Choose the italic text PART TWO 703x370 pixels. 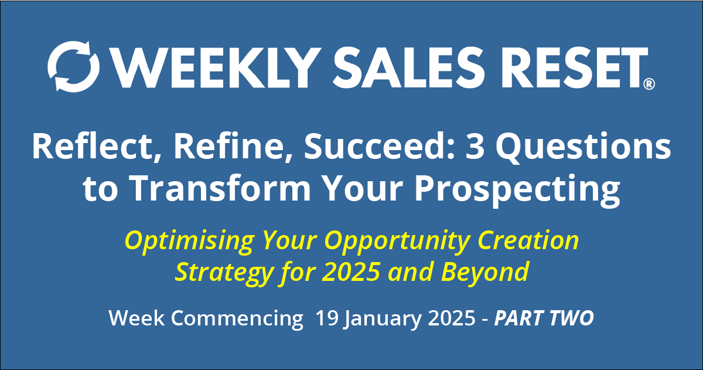(544, 318)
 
